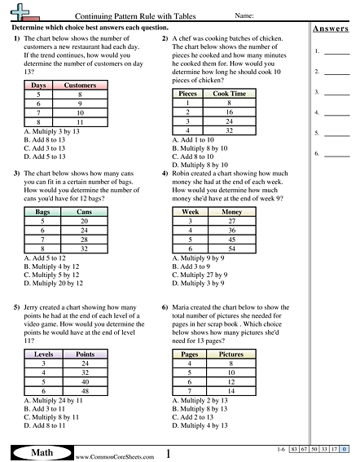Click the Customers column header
80,85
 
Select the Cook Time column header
229,94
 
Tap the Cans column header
83,211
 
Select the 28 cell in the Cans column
83,240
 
